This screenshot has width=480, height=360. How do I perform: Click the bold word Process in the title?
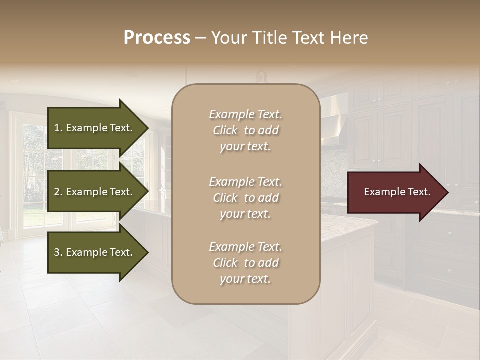[x=157, y=38]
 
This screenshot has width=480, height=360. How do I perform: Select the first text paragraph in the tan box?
[x=245, y=130]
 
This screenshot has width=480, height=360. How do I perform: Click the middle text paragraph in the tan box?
[x=245, y=198]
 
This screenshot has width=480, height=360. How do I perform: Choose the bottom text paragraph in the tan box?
[x=245, y=263]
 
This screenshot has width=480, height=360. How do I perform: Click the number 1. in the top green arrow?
[x=58, y=128]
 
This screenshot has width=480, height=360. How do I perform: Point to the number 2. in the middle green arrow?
[x=58, y=192]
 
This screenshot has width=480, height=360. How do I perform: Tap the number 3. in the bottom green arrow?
[x=58, y=252]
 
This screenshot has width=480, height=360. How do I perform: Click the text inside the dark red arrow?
[x=397, y=192]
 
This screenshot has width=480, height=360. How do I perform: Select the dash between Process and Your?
[x=201, y=38]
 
